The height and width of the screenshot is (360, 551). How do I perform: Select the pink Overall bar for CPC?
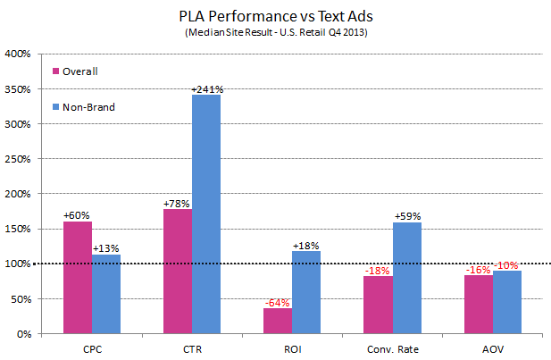pos(77,277)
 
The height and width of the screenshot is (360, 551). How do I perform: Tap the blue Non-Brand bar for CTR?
pos(205,214)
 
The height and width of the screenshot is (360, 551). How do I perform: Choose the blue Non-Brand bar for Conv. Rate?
pos(407,278)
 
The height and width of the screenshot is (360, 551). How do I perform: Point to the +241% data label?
pos(206,88)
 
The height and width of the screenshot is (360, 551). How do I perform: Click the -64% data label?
pos(278,302)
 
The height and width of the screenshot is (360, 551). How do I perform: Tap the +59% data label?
pos(407,216)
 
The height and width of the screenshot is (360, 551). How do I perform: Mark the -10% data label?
pos(508,265)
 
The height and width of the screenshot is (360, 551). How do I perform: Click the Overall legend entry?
pos(79,71)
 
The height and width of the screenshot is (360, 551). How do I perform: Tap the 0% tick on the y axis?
pos(23,333)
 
